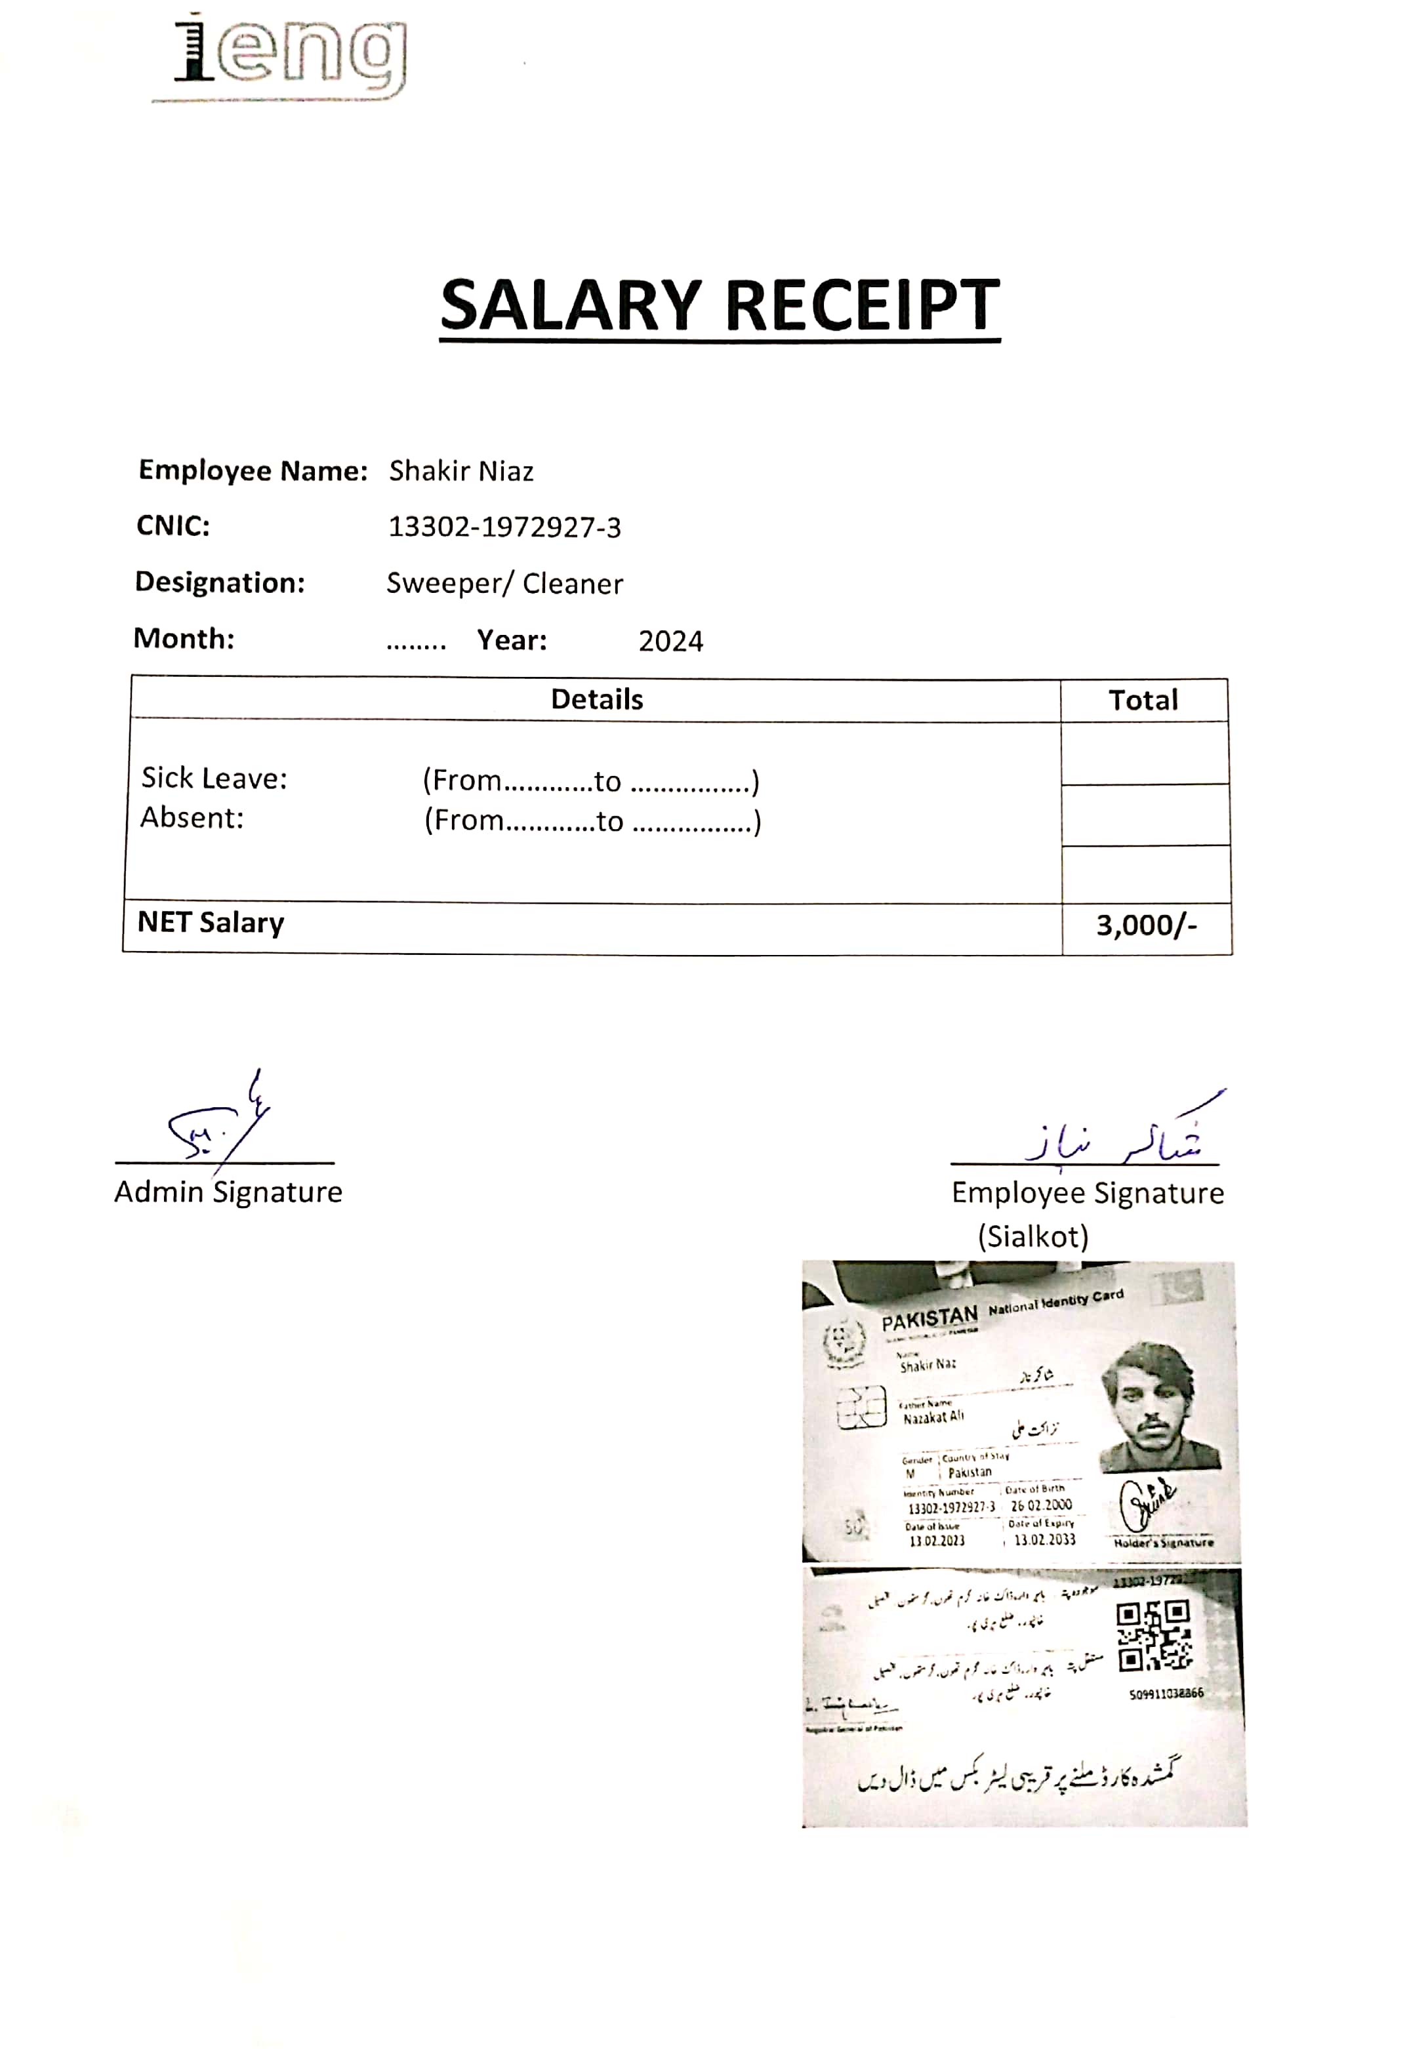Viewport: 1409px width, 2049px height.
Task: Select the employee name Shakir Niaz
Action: click(461, 472)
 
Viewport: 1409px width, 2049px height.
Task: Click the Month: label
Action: click(184, 638)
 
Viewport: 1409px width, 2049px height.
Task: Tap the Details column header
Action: click(597, 699)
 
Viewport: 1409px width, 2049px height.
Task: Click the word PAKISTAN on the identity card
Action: click(929, 1319)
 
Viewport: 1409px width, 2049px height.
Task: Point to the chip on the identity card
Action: click(861, 1407)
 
